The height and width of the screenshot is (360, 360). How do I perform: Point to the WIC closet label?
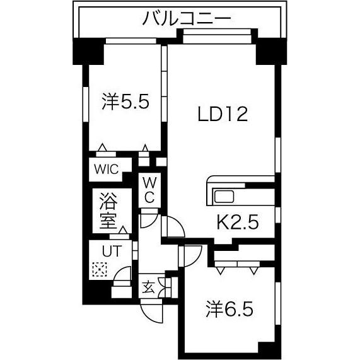point(110,169)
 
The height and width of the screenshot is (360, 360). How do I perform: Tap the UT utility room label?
point(111,250)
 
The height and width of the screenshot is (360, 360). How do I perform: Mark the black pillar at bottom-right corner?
point(268,348)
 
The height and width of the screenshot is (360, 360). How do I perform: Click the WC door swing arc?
point(149,218)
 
